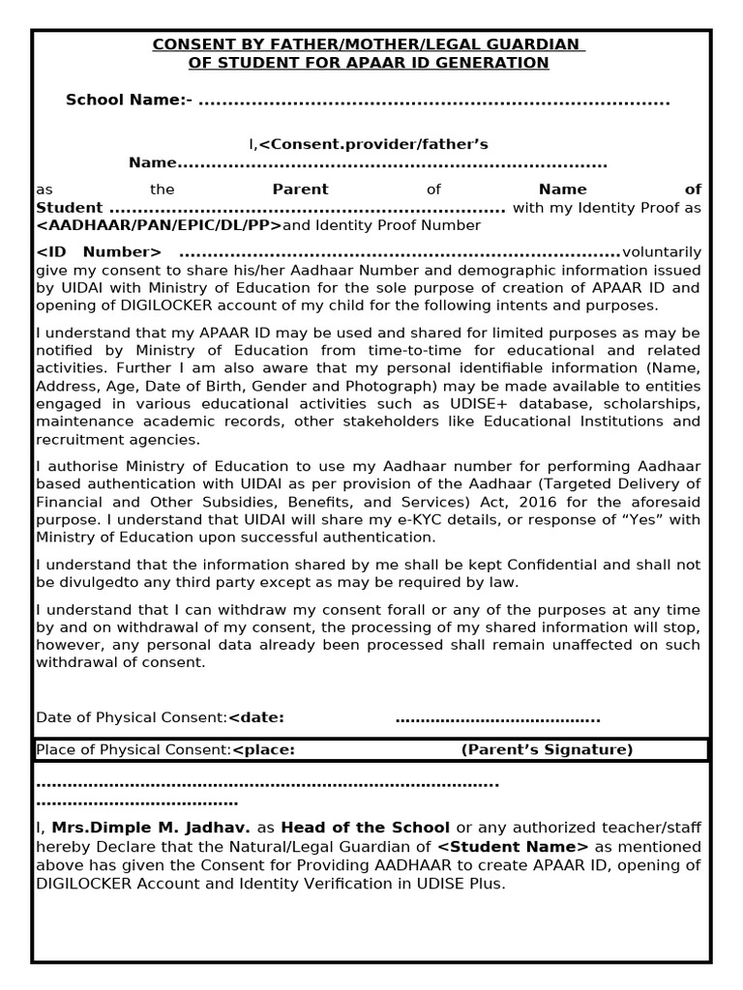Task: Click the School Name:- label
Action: tap(129, 101)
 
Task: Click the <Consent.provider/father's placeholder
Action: tap(372, 144)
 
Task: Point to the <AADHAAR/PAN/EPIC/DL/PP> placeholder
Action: tap(159, 225)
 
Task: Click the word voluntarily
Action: tap(662, 251)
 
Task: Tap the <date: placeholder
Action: tap(256, 717)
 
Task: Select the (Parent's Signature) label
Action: tap(547, 749)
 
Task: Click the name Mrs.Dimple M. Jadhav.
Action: tap(151, 828)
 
